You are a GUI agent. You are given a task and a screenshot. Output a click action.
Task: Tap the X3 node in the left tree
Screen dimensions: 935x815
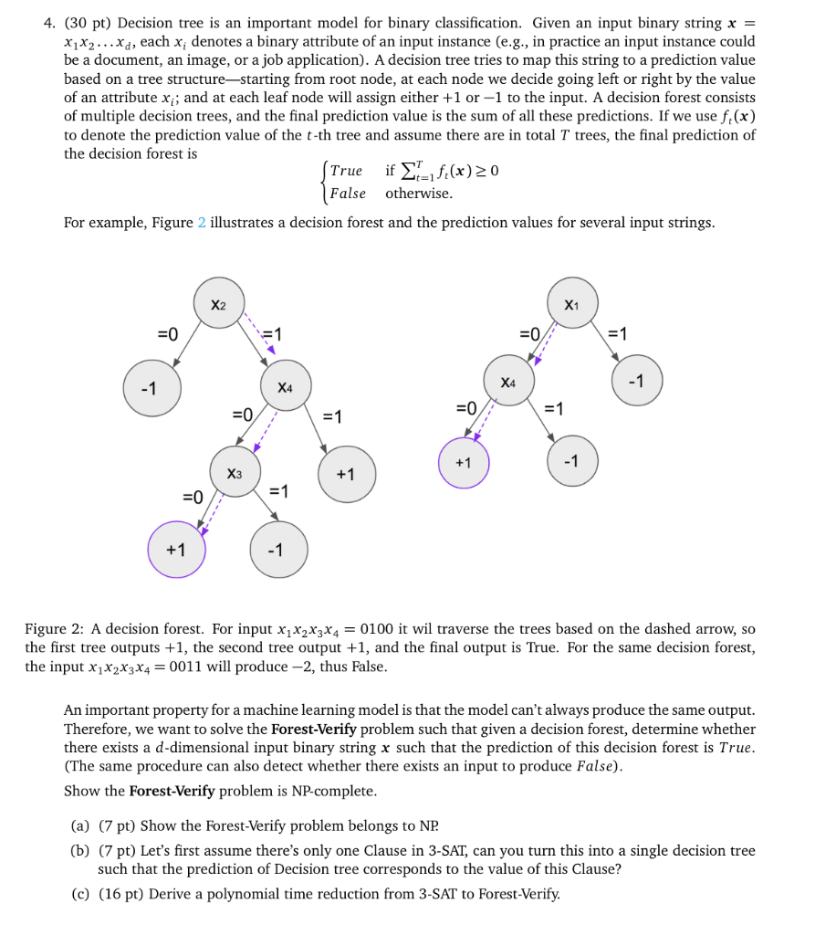pos(235,472)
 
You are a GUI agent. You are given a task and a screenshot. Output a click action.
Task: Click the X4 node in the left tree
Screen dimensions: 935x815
pos(286,386)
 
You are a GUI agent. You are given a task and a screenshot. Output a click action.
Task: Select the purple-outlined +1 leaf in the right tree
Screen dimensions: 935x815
pos(464,463)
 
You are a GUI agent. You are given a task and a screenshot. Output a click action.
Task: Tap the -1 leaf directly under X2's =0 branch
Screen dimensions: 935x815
pos(152,387)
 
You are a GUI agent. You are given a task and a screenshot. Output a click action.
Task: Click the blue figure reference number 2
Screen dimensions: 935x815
pos(202,223)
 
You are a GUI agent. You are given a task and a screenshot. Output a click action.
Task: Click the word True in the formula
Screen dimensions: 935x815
pos(346,172)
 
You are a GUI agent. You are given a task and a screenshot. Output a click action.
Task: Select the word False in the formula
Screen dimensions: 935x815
pos(347,194)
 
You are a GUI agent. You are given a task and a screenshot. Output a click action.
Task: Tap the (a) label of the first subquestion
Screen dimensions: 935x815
pos(80,826)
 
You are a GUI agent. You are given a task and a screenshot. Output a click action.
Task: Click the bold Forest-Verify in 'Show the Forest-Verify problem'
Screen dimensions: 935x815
pos(170,791)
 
